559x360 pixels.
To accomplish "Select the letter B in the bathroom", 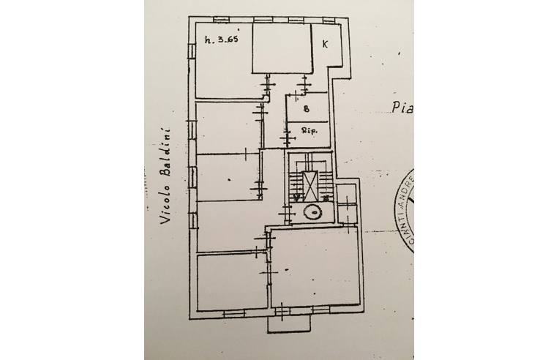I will point(307,108).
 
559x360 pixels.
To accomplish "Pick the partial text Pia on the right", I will point(401,110).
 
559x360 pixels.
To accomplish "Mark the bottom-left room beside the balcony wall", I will point(230,282).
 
